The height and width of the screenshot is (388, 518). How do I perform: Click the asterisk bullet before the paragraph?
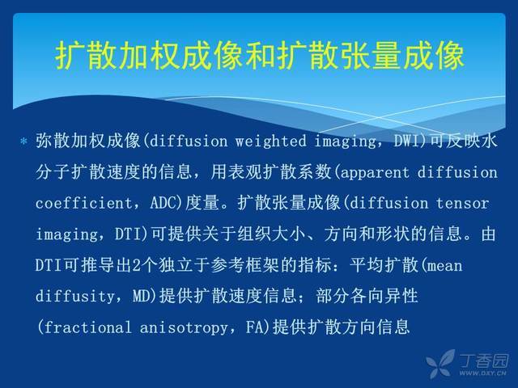click(23, 142)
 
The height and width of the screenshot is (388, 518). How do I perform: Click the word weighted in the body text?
click(270, 141)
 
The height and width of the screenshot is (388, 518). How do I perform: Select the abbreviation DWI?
click(406, 141)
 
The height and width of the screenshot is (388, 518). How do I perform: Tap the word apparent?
click(374, 173)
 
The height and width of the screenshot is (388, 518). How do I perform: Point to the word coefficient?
click(84, 203)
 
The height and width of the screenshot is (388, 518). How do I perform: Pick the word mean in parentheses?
click(444, 266)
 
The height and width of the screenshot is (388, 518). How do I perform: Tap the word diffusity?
click(75, 296)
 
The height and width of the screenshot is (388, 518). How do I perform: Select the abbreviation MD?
click(142, 296)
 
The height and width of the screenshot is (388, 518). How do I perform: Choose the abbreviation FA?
click(254, 327)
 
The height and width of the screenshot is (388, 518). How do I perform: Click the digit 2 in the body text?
click(137, 266)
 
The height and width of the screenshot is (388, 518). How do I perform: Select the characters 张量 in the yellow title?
click(371, 56)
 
